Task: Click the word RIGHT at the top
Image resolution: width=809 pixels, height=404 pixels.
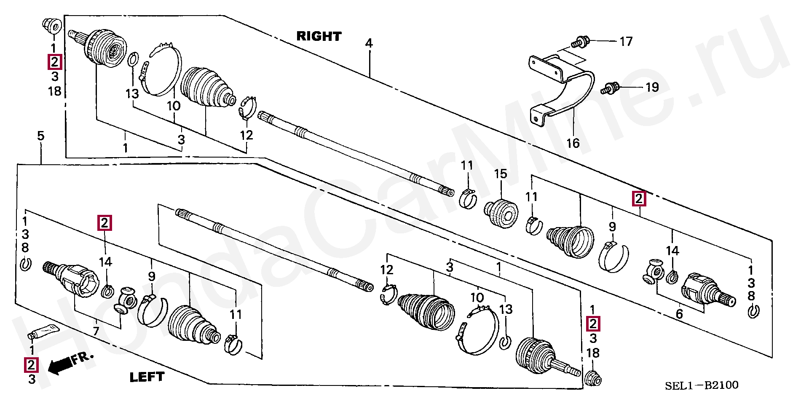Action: pos(319,36)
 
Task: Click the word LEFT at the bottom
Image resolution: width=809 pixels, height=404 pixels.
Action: pos(147,377)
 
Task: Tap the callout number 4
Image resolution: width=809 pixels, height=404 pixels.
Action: pos(369,43)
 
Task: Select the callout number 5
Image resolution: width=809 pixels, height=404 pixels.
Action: pos(40,136)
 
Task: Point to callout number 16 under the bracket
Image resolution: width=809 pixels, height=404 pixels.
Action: pos(573,143)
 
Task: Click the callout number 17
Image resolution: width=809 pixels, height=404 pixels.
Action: pos(626,41)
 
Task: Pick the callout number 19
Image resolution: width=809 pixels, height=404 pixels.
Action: pos(652,87)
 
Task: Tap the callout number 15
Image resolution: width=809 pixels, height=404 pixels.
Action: pos(501,174)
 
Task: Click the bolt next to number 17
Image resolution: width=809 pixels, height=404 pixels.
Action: pos(579,42)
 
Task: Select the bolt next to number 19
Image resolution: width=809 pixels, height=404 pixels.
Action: pos(610,88)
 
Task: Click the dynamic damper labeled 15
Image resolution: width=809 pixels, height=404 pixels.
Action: pos(501,214)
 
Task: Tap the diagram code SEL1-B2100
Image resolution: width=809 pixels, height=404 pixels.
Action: pos(702,385)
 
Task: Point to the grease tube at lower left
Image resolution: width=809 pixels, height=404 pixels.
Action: pos(43,332)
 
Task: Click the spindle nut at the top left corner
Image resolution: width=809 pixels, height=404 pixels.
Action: pos(52,26)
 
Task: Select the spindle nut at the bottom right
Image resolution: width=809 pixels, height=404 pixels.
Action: pos(593,378)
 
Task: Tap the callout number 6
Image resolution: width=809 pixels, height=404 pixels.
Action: pos(679,314)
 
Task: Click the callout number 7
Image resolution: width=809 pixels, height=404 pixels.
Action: pos(96,331)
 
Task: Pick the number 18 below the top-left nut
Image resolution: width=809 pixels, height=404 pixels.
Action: pos(55,91)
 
